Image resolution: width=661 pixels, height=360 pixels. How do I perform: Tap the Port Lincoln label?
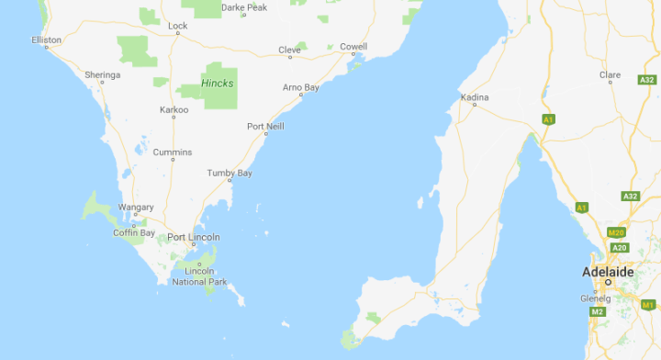click(193, 238)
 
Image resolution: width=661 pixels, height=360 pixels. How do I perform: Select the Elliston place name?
click(46, 40)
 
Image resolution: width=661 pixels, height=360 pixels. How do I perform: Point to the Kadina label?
click(475, 96)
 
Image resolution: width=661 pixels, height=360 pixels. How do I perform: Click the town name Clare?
click(610, 74)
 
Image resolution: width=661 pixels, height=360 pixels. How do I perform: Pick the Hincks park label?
click(218, 84)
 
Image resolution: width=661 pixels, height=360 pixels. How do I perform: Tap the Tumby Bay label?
click(230, 173)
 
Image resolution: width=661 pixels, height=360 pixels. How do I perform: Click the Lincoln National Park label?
click(199, 276)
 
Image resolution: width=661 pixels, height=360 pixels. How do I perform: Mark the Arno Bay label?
click(300, 87)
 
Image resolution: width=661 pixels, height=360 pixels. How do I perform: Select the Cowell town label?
click(353, 46)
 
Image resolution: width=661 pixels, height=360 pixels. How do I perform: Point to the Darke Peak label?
click(243, 7)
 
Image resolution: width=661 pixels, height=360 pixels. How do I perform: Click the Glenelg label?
click(596, 298)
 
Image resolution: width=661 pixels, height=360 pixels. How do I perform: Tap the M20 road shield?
click(616, 233)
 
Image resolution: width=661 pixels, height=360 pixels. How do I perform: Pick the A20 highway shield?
click(619, 247)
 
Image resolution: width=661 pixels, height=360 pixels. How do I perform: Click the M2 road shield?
click(598, 312)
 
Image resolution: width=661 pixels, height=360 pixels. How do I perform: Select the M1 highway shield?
click(648, 305)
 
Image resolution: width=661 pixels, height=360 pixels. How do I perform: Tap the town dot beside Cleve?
click(290, 57)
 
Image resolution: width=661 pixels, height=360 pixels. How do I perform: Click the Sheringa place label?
click(102, 74)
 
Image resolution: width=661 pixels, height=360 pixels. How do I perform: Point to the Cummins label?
click(173, 152)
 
